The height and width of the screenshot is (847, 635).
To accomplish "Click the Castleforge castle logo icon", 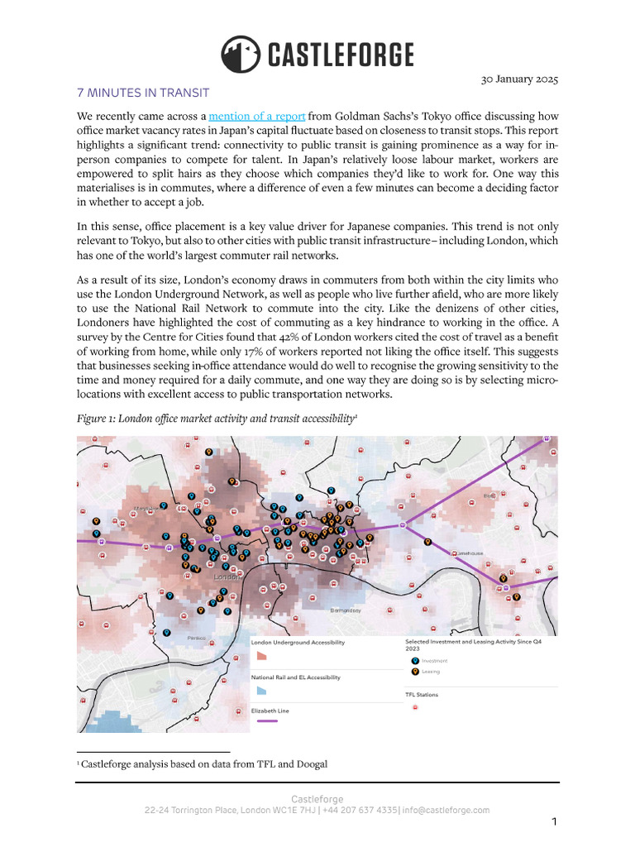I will point(240,55).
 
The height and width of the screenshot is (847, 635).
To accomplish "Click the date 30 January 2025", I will point(519,79).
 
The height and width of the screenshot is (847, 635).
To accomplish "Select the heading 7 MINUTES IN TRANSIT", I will point(143,93).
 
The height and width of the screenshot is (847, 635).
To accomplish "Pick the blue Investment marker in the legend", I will point(414,661).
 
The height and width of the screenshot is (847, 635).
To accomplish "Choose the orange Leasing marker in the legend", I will point(414,672).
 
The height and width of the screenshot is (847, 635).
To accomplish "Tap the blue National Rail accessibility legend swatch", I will point(260,689).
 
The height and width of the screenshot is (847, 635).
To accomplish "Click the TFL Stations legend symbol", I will point(414,707).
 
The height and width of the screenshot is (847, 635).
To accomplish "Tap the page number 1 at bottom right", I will point(554,822).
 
